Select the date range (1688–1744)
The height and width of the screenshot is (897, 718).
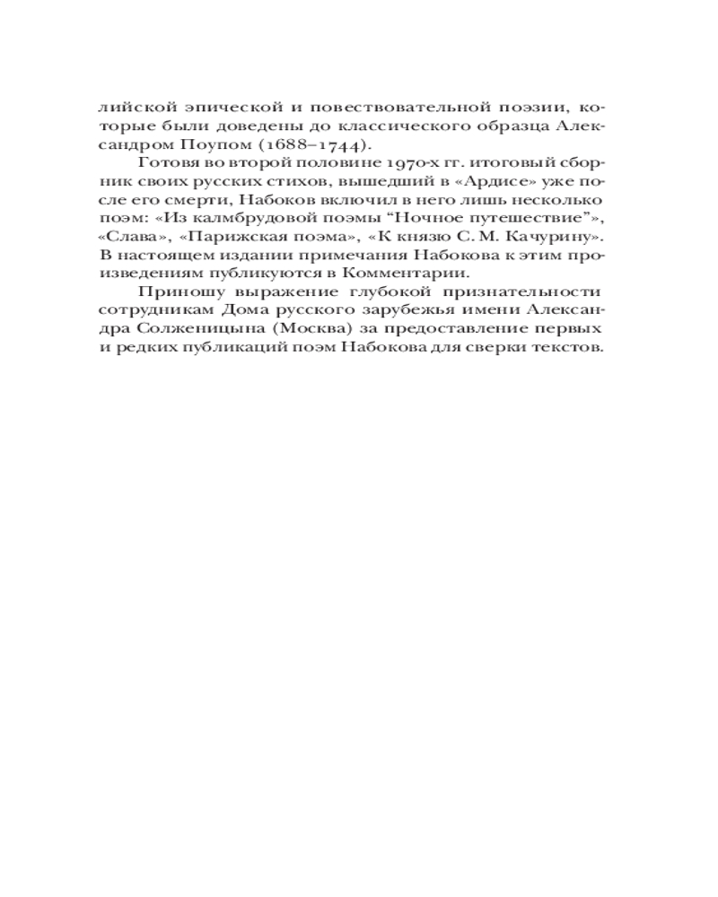click(x=310, y=146)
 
